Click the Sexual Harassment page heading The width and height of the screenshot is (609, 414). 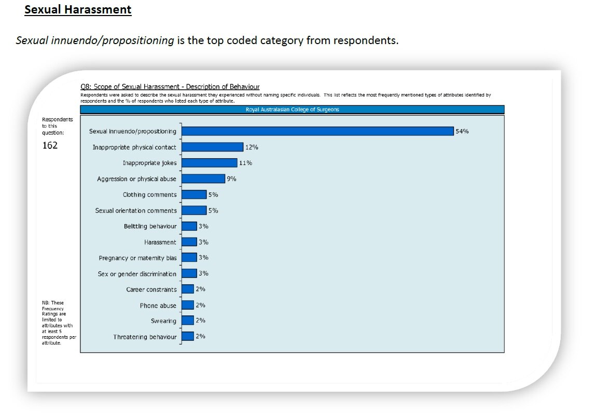78,10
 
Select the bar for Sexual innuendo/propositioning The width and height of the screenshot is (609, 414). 317,131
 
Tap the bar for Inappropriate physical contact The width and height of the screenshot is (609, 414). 212,147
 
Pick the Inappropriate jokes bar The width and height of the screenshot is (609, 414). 209,163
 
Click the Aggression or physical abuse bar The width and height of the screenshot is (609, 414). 203,179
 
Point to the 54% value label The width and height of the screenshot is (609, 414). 462,131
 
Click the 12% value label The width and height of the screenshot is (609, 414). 252,147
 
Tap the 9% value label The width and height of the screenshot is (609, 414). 231,179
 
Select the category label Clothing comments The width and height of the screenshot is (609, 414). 149,195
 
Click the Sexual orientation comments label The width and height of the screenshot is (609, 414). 136,211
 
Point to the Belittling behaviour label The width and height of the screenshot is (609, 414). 150,226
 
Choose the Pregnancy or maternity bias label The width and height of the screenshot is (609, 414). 137,258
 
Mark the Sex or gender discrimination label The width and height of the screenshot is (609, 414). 137,274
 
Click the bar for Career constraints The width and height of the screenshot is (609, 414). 188,289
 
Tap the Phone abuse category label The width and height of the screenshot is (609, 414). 158,306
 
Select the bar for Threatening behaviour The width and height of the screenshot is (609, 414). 188,337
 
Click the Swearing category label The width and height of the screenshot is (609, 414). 163,321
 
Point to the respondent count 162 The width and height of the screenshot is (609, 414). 50,145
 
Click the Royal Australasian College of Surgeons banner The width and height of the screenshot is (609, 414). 292,109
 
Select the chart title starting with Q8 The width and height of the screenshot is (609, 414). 170,87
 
